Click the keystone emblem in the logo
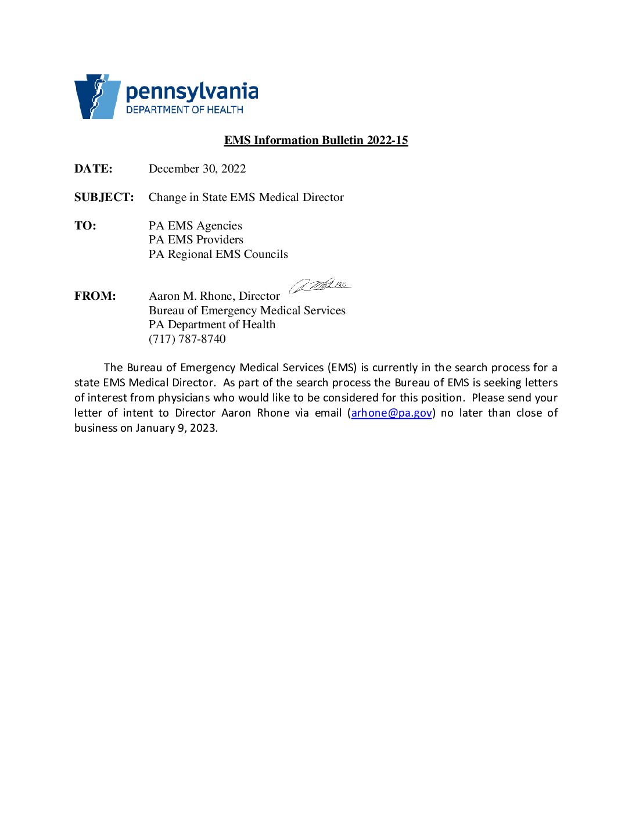pyautogui.click(x=97, y=96)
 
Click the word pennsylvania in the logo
pyautogui.click(x=192, y=92)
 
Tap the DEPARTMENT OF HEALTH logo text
pyautogui.click(x=184, y=110)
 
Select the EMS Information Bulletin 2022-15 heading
pyautogui.click(x=316, y=140)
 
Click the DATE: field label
pyautogui.click(x=94, y=168)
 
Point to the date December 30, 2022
pyautogui.click(x=197, y=168)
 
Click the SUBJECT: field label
pyautogui.click(x=104, y=197)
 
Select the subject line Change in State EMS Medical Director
pyautogui.click(x=246, y=197)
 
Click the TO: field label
pyautogui.click(x=85, y=225)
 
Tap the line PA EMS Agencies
pyautogui.click(x=195, y=225)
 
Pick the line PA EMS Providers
pyautogui.click(x=196, y=239)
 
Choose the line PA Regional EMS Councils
pyautogui.click(x=218, y=254)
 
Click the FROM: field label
pyautogui.click(x=95, y=296)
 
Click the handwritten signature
pyautogui.click(x=320, y=285)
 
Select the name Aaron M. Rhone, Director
pyautogui.click(x=214, y=296)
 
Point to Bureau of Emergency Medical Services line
pyautogui.click(x=247, y=310)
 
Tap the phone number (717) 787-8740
pyautogui.click(x=187, y=339)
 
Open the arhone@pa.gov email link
pyautogui.click(x=392, y=413)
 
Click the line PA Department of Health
pyautogui.click(x=212, y=324)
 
